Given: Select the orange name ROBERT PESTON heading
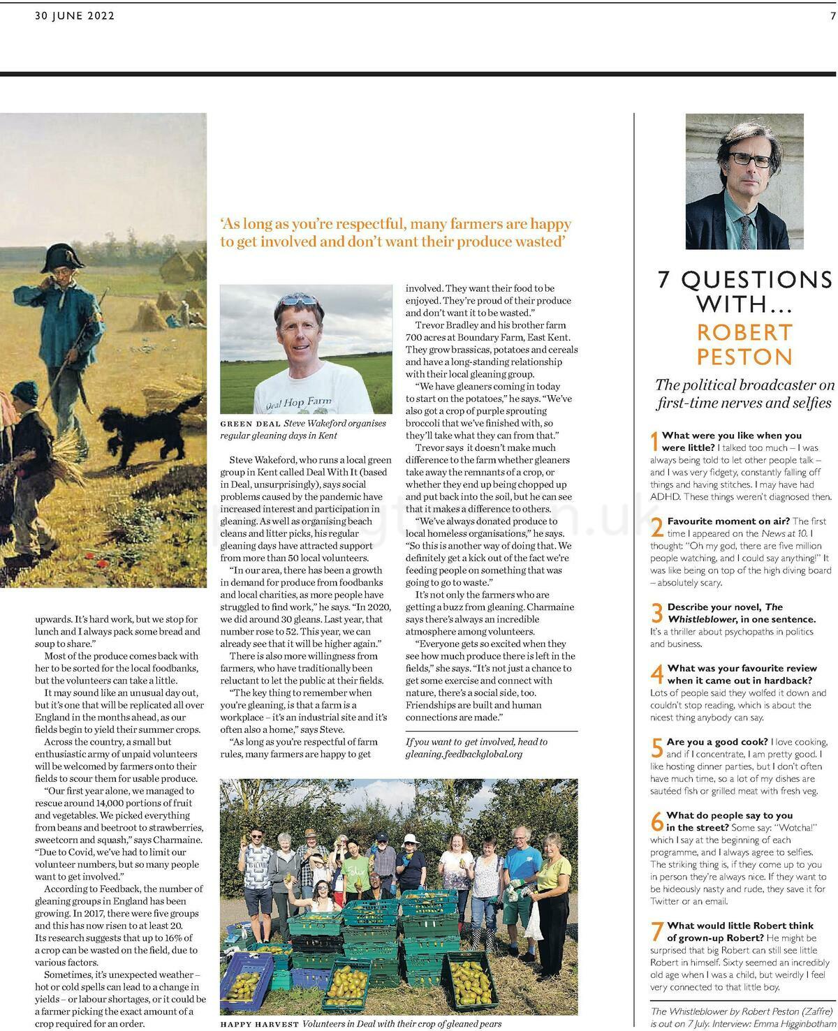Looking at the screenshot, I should [x=744, y=344].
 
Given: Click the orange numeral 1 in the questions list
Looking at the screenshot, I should [x=654, y=441].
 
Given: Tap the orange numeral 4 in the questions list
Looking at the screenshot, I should [x=656, y=674].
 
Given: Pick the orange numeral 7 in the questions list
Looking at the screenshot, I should [x=656, y=932].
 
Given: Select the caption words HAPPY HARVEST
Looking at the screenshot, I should [x=259, y=1024].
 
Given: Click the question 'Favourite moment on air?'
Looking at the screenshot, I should [x=728, y=521].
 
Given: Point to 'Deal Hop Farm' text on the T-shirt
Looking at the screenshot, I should [x=300, y=402].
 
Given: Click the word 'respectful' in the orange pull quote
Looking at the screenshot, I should [x=367, y=224].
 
